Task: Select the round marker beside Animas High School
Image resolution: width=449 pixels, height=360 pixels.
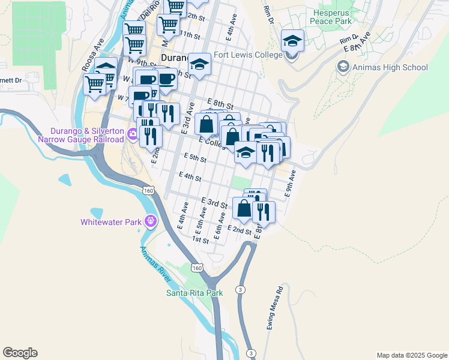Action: (343, 67)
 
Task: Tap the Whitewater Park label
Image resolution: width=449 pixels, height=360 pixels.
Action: (110, 222)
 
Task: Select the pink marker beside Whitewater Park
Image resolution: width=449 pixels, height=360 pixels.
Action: (150, 222)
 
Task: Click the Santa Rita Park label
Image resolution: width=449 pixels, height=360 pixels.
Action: (194, 293)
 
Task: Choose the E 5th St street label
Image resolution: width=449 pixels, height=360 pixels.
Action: (195, 159)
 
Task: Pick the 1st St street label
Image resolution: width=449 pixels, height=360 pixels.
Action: (200, 239)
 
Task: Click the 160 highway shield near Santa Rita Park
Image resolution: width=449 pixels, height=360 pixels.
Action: (196, 266)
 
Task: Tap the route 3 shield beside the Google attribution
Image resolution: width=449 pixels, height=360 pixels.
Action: (252, 352)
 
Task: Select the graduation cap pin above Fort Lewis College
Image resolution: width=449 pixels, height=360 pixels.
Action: (292, 40)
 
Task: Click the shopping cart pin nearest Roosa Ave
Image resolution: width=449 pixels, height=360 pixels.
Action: (94, 84)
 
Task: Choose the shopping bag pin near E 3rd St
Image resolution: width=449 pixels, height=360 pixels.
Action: (244, 208)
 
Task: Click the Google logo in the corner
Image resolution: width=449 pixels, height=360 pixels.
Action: (20, 353)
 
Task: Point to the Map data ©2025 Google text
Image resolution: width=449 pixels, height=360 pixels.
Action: (411, 355)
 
